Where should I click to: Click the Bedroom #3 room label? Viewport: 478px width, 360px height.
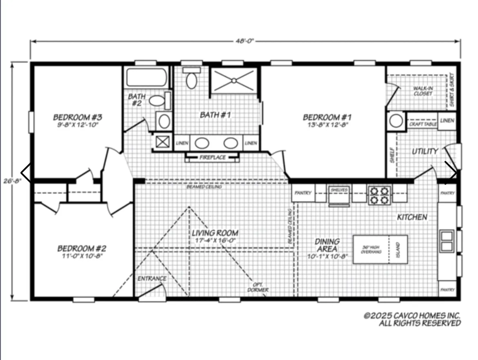[x=76, y=117]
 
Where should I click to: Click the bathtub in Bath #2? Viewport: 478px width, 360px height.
[x=147, y=78]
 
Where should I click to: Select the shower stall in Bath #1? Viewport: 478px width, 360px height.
[x=234, y=81]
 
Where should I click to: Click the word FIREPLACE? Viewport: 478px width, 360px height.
[x=212, y=157]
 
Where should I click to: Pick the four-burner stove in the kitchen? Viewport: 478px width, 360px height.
[x=379, y=195]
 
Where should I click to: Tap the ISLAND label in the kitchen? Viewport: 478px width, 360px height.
[x=398, y=249]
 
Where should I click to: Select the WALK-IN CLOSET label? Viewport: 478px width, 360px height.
[x=422, y=91]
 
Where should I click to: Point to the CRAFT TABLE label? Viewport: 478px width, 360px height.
[x=423, y=124]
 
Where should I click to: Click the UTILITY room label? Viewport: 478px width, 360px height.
[x=424, y=151]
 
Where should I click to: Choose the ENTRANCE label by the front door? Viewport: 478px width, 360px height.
[x=152, y=279]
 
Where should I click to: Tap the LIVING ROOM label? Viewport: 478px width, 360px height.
[x=215, y=233]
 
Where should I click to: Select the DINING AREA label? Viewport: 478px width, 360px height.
[x=327, y=245]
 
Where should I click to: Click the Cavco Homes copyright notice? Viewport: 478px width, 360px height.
[x=412, y=319]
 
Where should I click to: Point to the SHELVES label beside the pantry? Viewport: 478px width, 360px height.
[x=339, y=190]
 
